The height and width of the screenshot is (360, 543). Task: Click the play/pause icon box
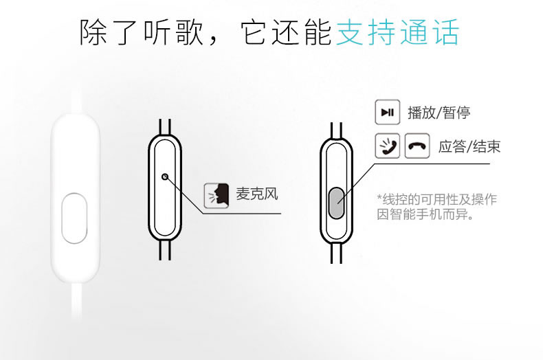click(x=388, y=112)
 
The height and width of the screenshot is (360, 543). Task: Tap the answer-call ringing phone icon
click(x=388, y=146)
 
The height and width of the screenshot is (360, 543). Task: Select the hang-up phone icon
click(x=417, y=146)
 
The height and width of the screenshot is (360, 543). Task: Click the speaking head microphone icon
click(x=217, y=196)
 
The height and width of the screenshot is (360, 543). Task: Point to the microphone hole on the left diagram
click(x=165, y=177)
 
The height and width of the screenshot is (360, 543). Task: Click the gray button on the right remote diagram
click(x=336, y=203)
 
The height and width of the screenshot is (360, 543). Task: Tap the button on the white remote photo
click(x=74, y=218)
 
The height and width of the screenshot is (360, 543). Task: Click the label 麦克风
click(x=257, y=194)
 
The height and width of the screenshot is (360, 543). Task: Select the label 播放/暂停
click(x=439, y=113)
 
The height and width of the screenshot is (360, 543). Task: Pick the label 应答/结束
click(x=469, y=146)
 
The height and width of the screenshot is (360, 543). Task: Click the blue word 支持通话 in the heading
click(x=398, y=32)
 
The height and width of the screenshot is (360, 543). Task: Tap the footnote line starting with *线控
click(x=437, y=199)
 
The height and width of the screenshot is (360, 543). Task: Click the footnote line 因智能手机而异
click(x=425, y=214)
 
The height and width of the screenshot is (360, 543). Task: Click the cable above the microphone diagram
click(x=165, y=126)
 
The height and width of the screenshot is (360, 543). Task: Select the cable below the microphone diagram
click(x=165, y=250)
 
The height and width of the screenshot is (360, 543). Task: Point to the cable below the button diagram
click(x=336, y=253)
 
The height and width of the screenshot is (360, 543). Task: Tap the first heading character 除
click(x=93, y=32)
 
